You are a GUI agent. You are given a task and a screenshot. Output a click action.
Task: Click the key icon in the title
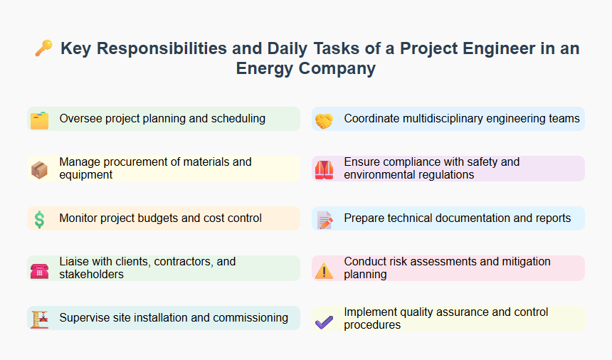point(43,49)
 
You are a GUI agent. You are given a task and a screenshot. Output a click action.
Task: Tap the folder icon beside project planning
point(40,120)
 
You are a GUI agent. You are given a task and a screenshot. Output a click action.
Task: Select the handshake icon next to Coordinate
point(325,120)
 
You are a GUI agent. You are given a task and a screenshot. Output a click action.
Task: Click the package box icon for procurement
point(40,169)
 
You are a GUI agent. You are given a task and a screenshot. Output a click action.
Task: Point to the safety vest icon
point(325,169)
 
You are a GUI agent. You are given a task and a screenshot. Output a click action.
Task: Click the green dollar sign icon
point(40,219)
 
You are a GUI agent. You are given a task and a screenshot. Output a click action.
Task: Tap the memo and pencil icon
point(325,219)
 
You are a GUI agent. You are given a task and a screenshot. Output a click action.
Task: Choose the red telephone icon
point(40,269)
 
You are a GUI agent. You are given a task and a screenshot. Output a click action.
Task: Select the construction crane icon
point(40,319)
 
